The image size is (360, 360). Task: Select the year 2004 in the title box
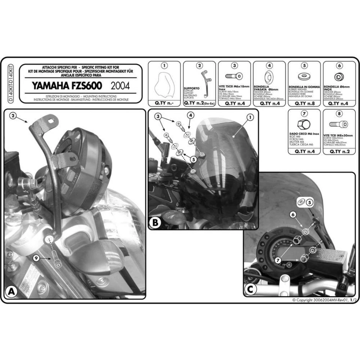[121, 85]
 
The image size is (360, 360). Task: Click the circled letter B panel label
[154, 223]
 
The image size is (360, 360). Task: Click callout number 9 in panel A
[36, 258]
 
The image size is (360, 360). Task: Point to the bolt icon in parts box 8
[339, 123]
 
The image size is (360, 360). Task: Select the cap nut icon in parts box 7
[303, 124]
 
